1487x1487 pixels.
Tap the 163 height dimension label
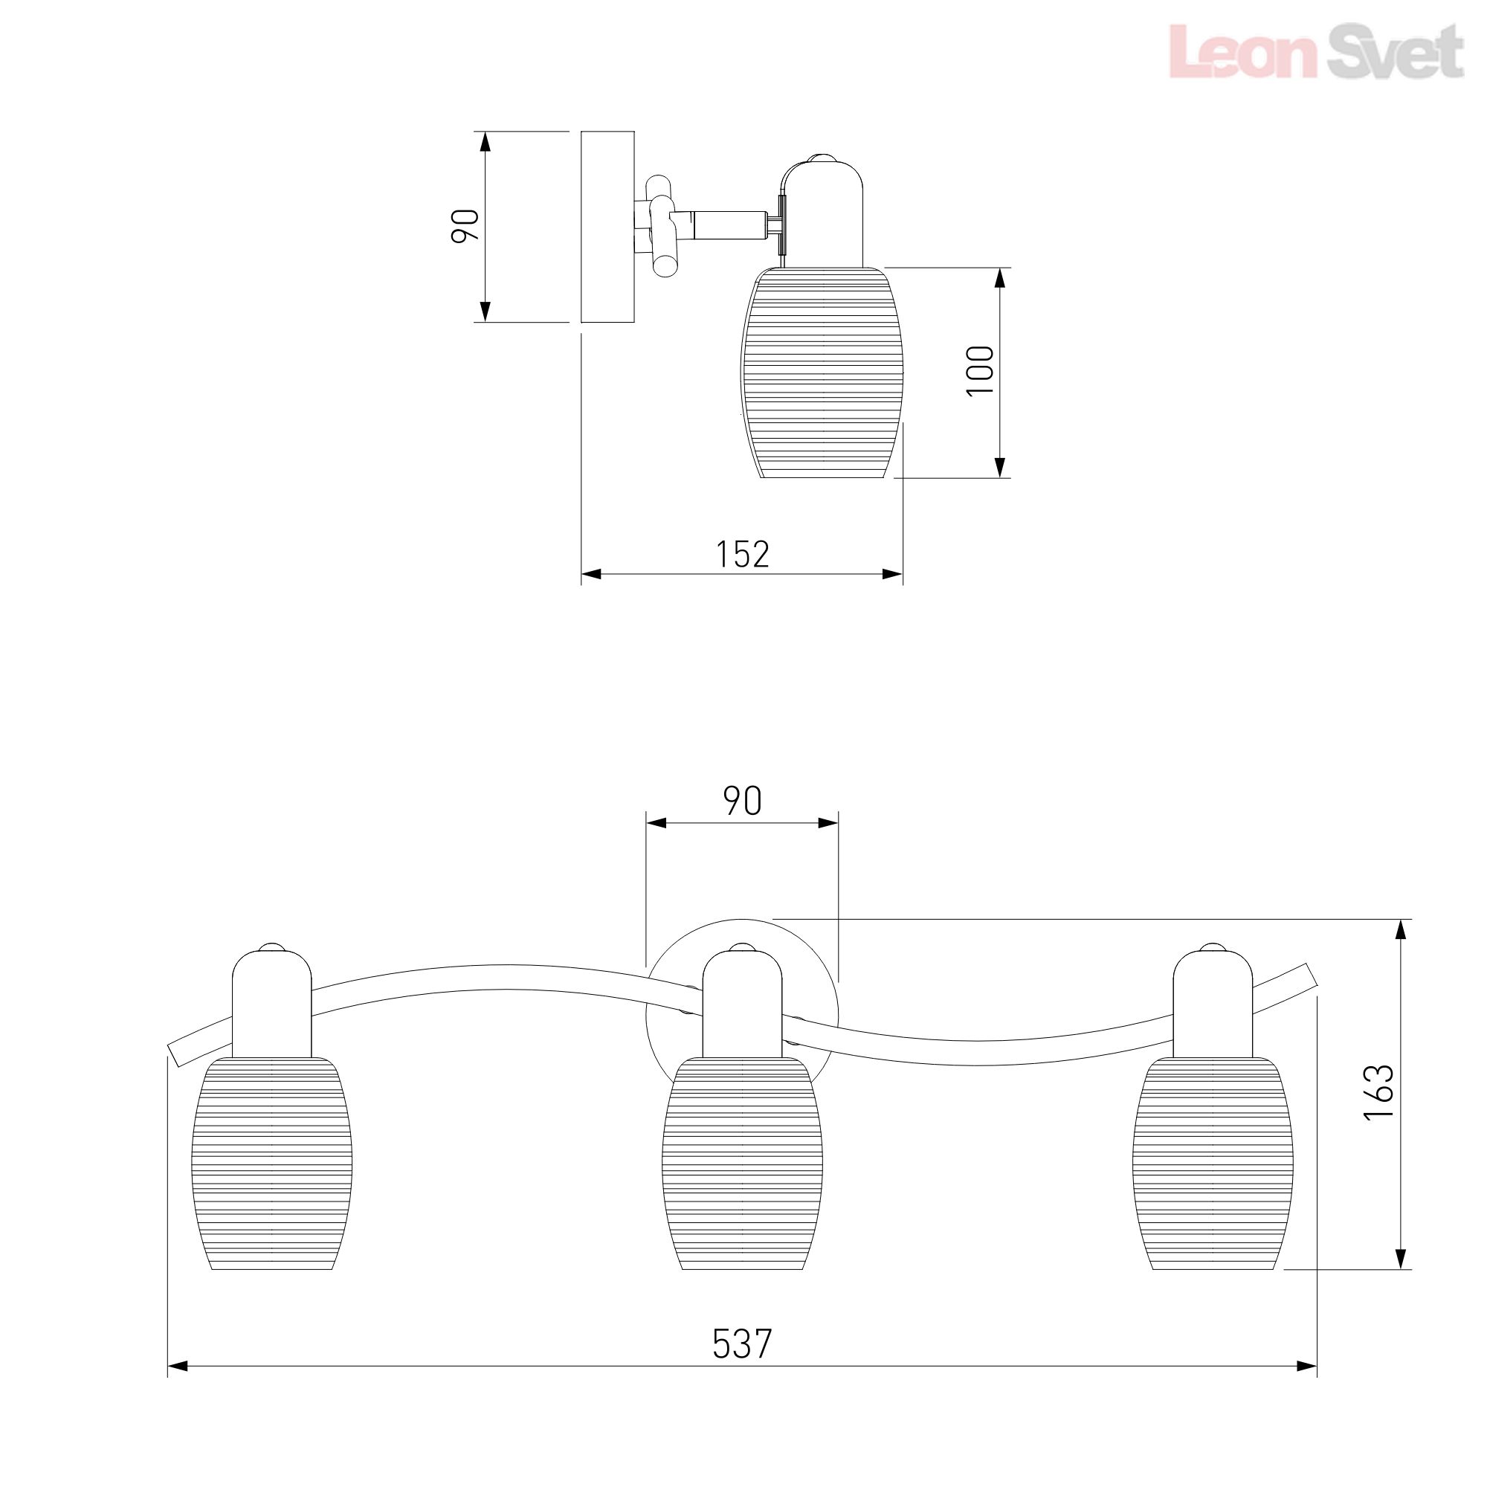click(x=1378, y=1092)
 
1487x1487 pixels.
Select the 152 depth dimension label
click(x=743, y=554)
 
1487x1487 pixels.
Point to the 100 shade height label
click(x=980, y=370)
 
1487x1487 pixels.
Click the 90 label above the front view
click(x=743, y=801)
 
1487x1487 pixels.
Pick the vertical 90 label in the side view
click(x=465, y=225)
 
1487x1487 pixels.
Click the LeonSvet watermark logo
click(x=1315, y=51)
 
